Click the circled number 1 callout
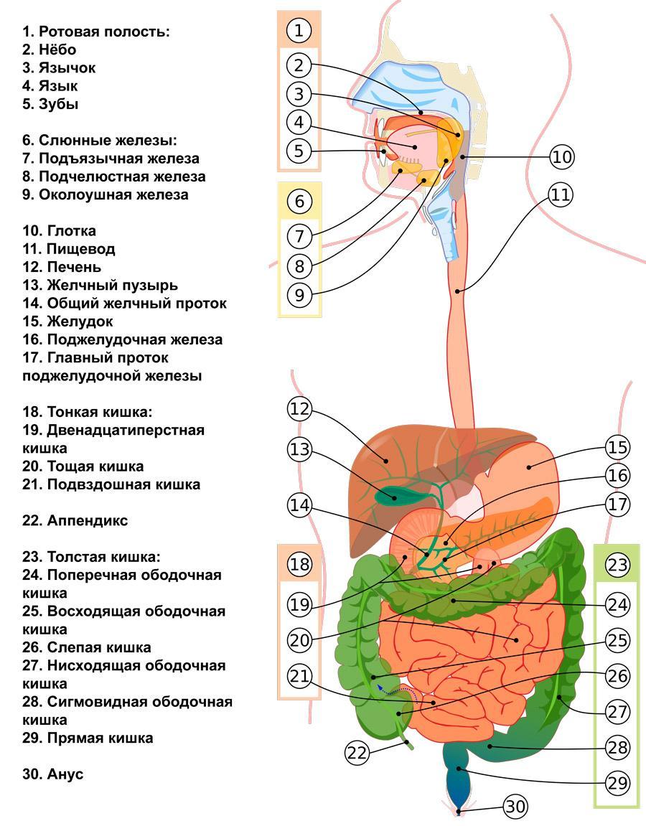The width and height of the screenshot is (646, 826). [299, 30]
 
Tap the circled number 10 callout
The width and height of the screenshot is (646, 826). [562, 156]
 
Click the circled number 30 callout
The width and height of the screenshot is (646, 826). [515, 807]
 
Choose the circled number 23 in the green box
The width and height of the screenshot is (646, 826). [617, 565]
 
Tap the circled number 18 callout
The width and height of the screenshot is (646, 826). [299, 564]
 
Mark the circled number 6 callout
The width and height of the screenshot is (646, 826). [299, 202]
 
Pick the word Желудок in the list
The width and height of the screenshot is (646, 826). [80, 322]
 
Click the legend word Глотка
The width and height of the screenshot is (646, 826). [71, 231]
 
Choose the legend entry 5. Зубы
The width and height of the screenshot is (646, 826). [50, 104]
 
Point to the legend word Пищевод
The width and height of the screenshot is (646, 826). [80, 249]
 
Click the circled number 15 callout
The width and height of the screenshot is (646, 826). [617, 448]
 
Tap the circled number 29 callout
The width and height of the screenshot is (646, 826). [617, 783]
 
